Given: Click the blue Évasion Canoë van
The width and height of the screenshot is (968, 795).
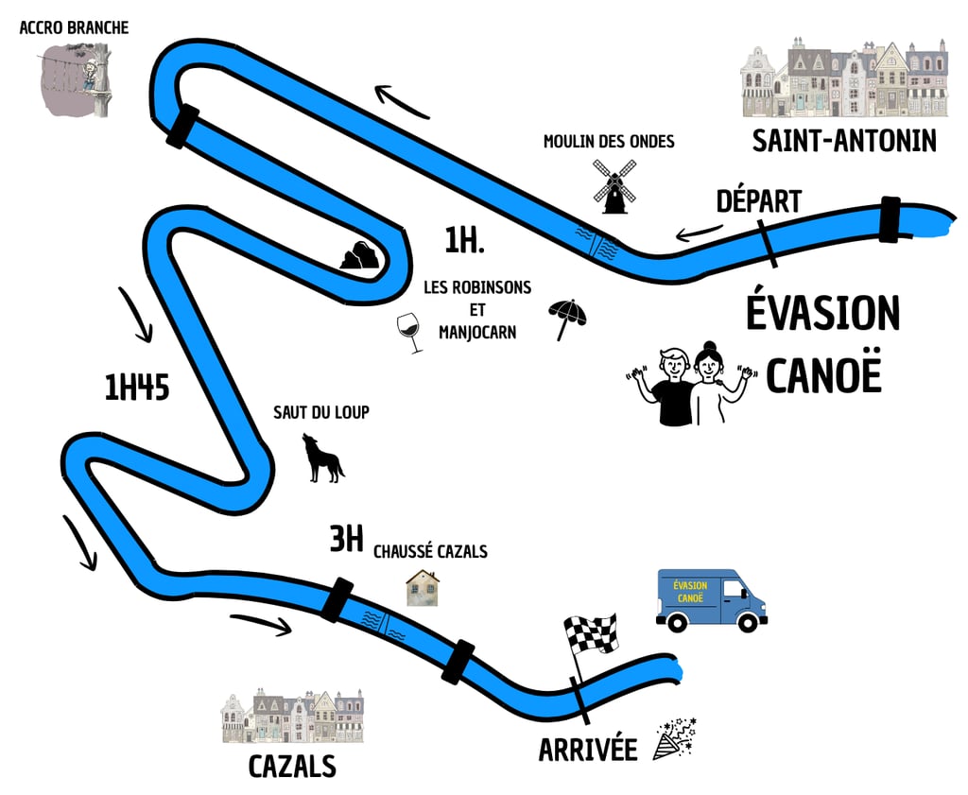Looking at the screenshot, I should click(x=711, y=600).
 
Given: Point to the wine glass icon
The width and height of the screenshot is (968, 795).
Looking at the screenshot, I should click(x=410, y=333).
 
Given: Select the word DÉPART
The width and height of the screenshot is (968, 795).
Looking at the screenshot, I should click(x=758, y=201).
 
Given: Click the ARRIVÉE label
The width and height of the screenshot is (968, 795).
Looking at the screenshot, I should click(x=588, y=750).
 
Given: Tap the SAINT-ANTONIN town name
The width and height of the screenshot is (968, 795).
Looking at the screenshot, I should click(x=844, y=141).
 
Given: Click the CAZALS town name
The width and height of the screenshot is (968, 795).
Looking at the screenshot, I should click(x=292, y=766).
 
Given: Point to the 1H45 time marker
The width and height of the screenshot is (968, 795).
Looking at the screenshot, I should click(x=137, y=388).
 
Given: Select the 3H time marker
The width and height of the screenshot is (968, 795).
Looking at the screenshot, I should click(x=346, y=540).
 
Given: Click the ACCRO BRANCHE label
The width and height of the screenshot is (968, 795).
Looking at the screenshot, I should click(x=74, y=27).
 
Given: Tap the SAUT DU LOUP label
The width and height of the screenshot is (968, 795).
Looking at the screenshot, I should click(x=320, y=412).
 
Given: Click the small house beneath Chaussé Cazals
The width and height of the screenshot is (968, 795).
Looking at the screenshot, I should click(x=422, y=587).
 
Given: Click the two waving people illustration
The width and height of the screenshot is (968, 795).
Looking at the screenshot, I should click(x=695, y=384).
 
